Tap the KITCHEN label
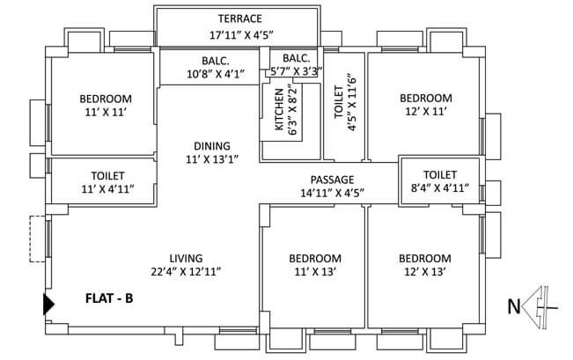[279, 111]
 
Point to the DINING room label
[212, 146]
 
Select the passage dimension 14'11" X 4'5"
[333, 192]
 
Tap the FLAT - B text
[109, 298]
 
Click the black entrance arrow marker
[49, 305]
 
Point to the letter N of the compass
[513, 307]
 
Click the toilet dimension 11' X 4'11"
[108, 189]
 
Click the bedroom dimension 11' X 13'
[315, 272]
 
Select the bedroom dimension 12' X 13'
[425, 272]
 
